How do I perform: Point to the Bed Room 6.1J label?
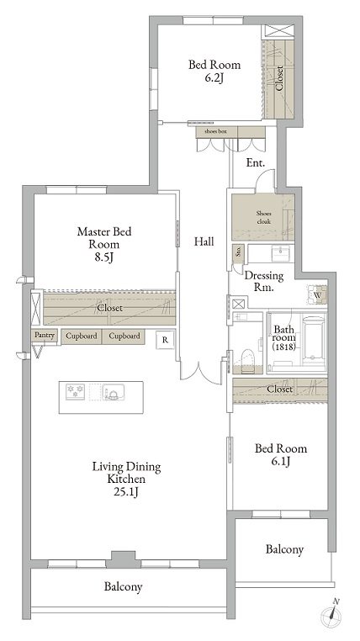(x=282, y=456)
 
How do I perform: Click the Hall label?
(x=204, y=241)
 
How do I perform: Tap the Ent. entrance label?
(x=256, y=162)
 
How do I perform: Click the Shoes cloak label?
(x=263, y=218)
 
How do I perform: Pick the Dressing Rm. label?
(x=263, y=281)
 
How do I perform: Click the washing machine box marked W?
(x=318, y=295)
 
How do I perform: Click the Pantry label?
(x=43, y=336)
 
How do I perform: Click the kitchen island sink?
(x=112, y=393)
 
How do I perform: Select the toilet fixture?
(x=247, y=358)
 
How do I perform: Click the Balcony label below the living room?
(x=123, y=586)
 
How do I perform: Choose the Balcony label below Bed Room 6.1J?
(x=284, y=549)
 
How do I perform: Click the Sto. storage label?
(x=239, y=252)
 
